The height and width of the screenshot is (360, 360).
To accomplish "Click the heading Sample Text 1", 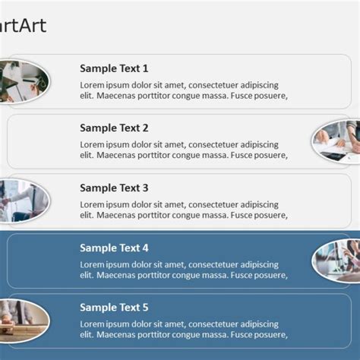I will [114, 68].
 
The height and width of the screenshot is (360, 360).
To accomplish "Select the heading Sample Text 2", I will [114, 128].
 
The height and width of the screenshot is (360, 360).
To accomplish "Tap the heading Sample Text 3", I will [114, 188].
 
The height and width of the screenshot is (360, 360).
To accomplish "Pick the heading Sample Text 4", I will [114, 248].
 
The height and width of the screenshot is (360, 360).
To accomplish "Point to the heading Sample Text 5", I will [114, 308].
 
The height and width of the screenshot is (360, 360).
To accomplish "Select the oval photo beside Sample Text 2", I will [337, 141].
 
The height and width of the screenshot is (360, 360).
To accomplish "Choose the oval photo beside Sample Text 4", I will [337, 261].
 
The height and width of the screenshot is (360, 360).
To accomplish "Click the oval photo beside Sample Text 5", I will [23, 319].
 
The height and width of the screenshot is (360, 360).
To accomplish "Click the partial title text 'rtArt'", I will [23, 27].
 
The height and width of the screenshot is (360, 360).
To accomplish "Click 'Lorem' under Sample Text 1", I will [93, 85].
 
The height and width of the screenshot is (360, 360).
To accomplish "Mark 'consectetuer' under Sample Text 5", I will [216, 325].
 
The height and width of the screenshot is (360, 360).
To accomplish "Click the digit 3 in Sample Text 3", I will [145, 188].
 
